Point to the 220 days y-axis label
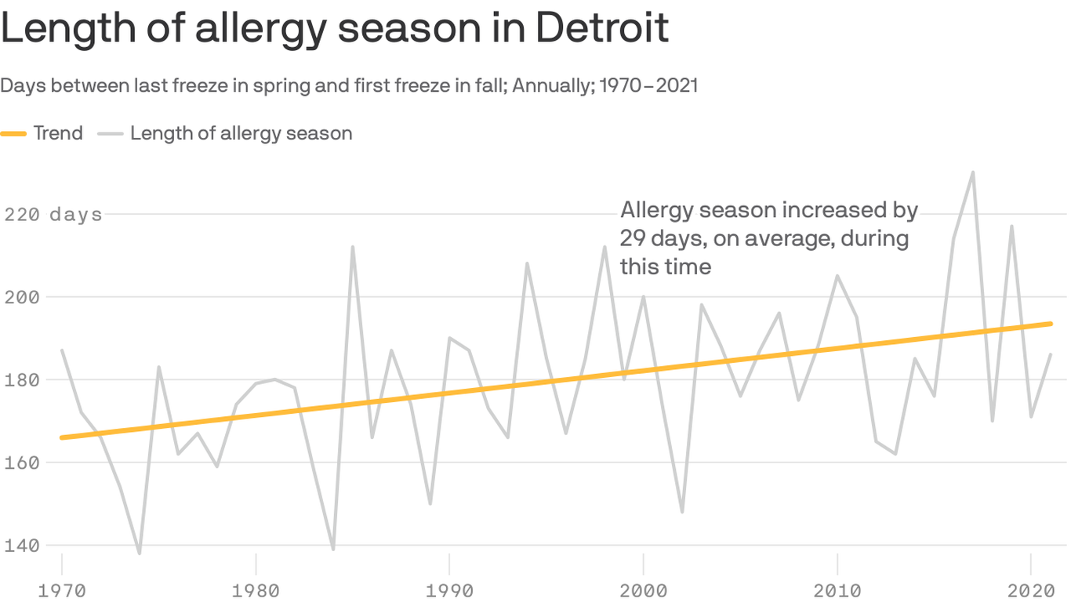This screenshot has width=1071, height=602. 53,214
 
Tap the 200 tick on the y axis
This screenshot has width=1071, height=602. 22,297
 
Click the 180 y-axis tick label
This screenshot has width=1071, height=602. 22,380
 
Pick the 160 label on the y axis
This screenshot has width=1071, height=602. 22,462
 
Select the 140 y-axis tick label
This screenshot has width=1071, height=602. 22,546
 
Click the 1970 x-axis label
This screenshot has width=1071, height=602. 61,589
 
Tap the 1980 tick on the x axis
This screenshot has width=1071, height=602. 256,589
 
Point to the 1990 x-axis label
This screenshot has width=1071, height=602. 449,589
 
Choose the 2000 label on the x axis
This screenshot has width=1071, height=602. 643,589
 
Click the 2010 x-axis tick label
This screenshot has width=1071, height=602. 837,589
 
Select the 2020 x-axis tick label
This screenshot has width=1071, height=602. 1031,589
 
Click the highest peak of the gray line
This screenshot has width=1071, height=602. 973,172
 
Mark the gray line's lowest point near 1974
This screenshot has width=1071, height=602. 140,553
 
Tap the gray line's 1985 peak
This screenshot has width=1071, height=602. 353,247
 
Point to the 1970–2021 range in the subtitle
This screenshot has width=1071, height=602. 648,85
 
